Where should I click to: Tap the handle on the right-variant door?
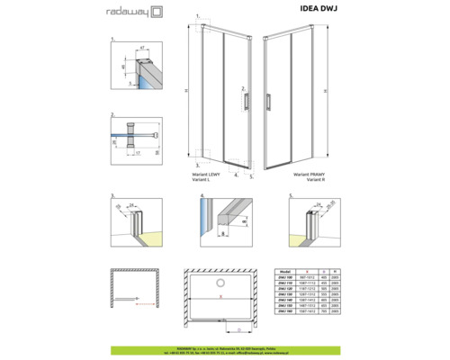tap(268, 103)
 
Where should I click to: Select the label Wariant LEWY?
tap(206, 174)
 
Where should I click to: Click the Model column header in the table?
tap(284, 269)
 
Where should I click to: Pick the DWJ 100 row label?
tap(284, 275)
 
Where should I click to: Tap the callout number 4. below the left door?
tap(236, 175)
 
